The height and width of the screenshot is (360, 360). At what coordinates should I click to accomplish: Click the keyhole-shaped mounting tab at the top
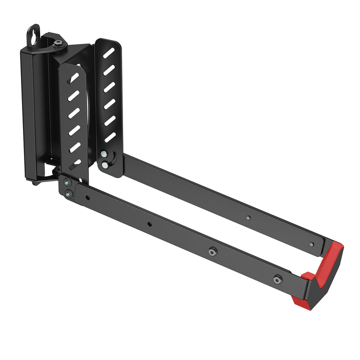[33, 35]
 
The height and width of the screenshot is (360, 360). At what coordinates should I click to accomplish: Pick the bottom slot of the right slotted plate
[110, 137]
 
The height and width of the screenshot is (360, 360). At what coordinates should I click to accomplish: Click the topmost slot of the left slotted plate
[73, 78]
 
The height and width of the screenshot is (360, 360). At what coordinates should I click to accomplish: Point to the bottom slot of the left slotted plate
[75, 163]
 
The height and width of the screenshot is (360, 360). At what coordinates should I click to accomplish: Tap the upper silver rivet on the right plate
[104, 154]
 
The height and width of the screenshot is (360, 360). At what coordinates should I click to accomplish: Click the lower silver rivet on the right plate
[104, 164]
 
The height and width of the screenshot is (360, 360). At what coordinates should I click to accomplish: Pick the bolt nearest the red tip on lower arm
[277, 279]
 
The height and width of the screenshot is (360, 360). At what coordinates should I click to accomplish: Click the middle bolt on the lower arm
[212, 251]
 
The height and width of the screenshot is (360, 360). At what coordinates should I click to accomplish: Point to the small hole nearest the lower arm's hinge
[88, 198]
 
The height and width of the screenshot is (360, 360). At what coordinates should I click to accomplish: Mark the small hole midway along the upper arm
[248, 217]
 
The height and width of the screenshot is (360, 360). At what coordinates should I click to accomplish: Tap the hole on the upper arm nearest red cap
[311, 244]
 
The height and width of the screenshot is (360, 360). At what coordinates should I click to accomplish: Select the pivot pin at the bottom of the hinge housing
[36, 181]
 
